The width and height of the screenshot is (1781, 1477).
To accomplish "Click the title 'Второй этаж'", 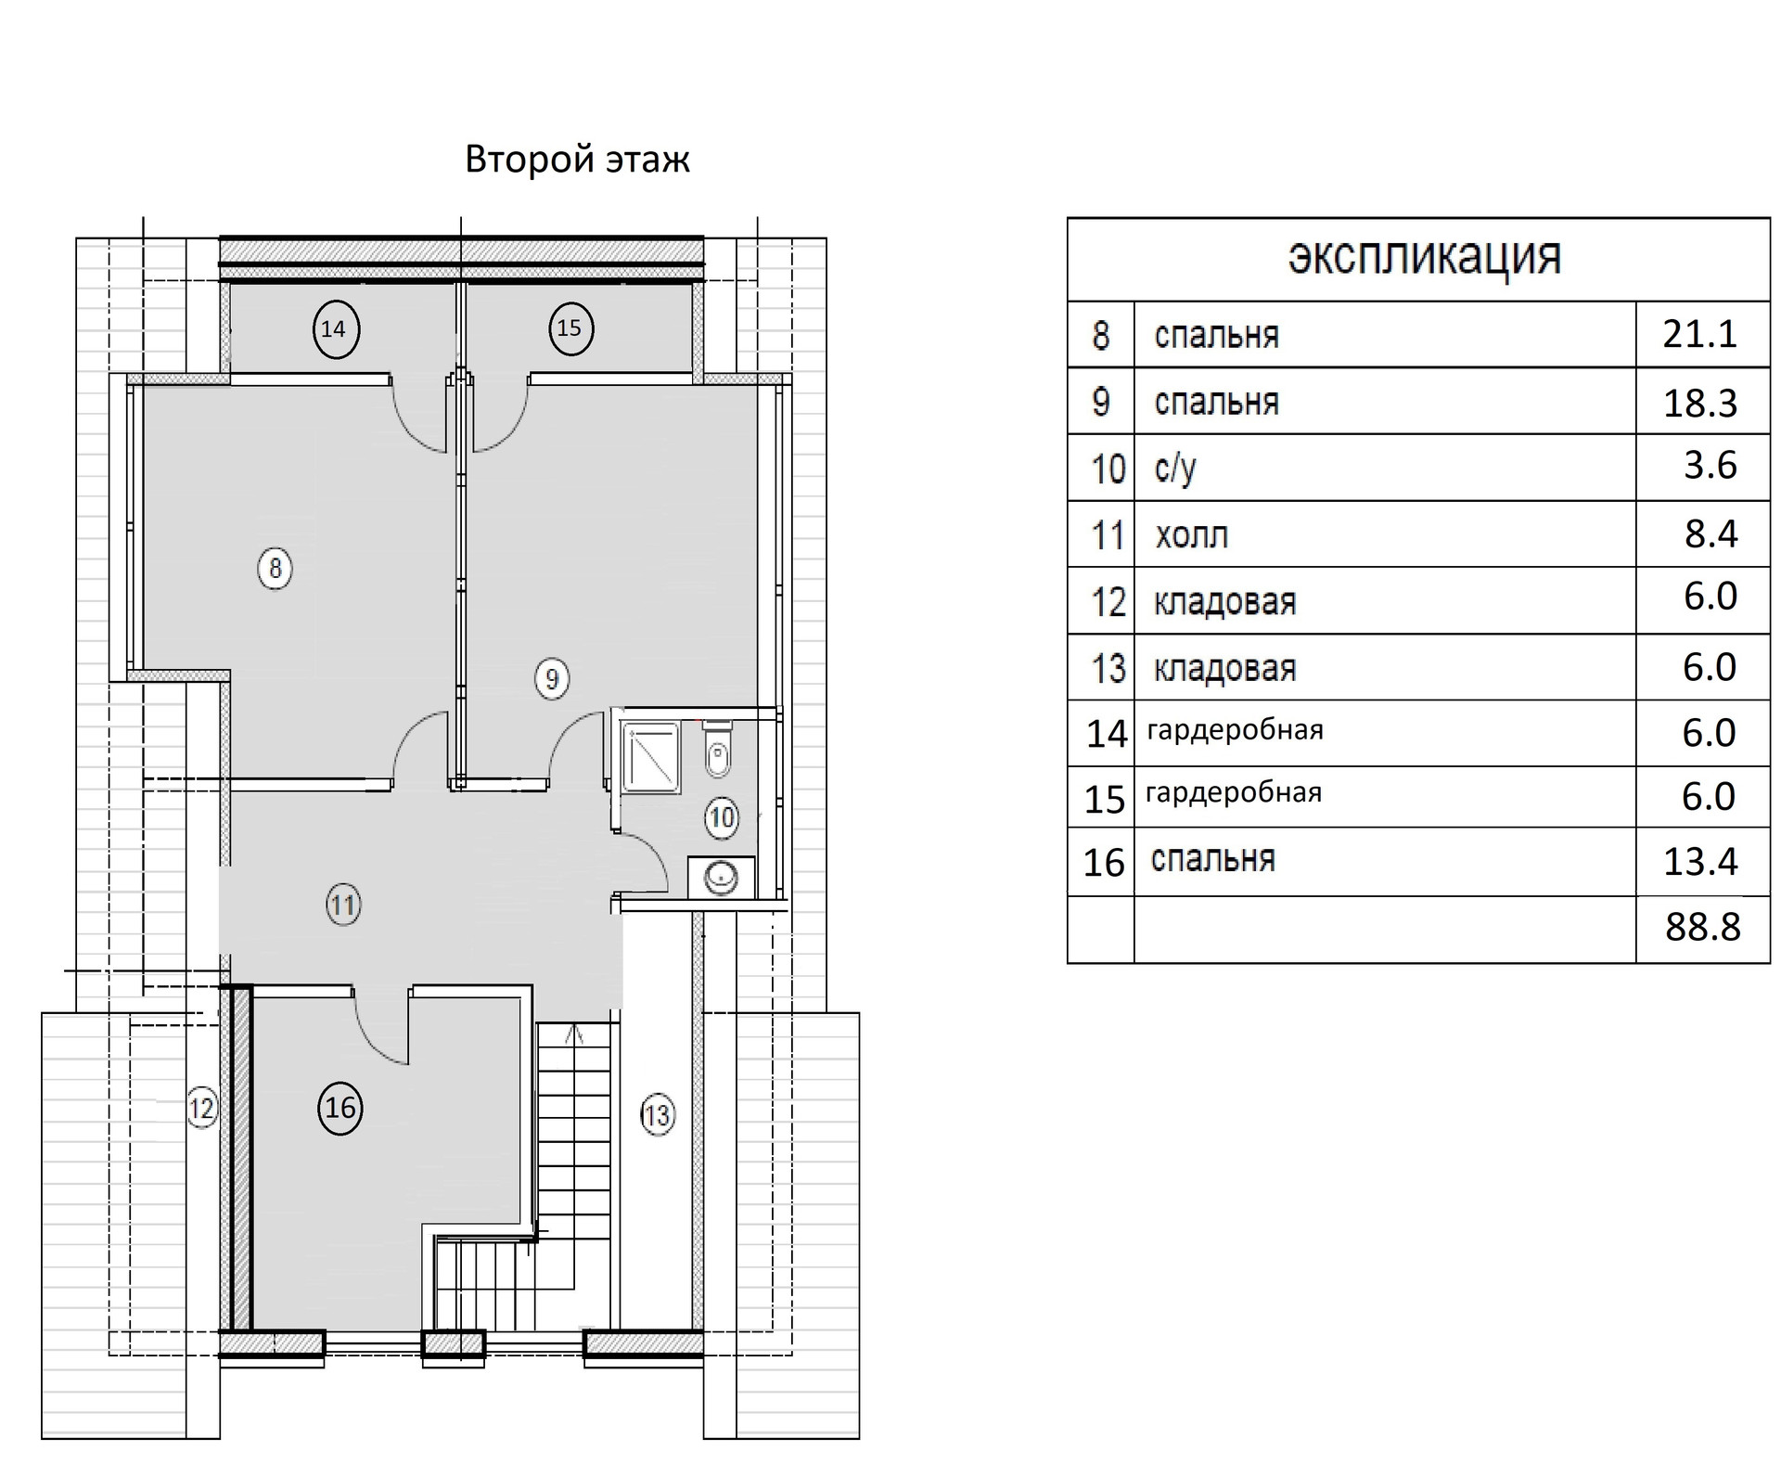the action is click(x=577, y=160).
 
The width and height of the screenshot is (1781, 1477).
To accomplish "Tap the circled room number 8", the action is click(x=275, y=568).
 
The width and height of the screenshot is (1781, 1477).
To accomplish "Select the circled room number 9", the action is click(x=552, y=679).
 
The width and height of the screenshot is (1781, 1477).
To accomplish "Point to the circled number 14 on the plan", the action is click(x=333, y=328).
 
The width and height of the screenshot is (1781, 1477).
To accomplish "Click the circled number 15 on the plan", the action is click(x=569, y=328).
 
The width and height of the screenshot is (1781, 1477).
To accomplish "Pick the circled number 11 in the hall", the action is click(x=343, y=905).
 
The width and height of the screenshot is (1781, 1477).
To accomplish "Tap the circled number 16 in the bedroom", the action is click(x=340, y=1107).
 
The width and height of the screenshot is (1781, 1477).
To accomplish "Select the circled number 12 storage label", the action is click(x=201, y=1108).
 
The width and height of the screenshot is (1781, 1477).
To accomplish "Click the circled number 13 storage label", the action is click(x=657, y=1114).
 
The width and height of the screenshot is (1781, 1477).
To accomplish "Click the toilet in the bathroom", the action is click(x=718, y=750).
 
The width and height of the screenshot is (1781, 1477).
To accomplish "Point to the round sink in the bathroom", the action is click(x=722, y=876).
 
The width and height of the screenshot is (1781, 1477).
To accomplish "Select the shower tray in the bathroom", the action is click(x=650, y=757).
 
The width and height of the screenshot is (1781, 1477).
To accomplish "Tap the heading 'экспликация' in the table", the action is click(x=1424, y=257).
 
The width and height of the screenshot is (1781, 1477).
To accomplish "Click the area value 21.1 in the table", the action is click(x=1699, y=334).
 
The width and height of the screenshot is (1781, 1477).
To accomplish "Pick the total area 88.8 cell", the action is click(x=1703, y=927).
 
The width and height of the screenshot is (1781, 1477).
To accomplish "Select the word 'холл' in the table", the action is click(x=1192, y=535).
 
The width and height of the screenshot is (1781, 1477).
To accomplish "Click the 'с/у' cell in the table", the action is click(x=1175, y=468).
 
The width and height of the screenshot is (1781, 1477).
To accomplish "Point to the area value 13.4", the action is click(x=1700, y=862).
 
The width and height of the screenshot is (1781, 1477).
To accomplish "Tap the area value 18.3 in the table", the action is click(x=1700, y=404).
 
